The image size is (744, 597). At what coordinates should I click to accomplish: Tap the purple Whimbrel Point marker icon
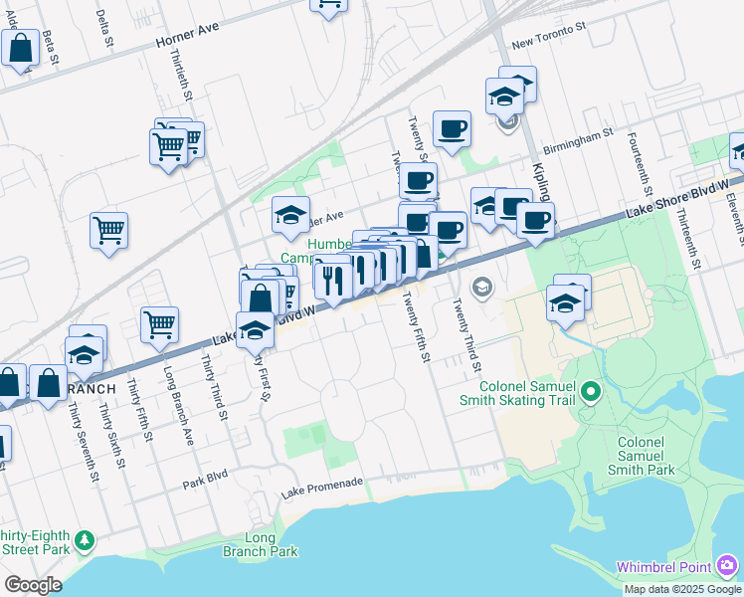pos(728,566)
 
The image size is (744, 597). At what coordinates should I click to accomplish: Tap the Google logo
pos(33,585)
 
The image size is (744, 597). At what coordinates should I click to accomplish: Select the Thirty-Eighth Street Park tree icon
pos(86,540)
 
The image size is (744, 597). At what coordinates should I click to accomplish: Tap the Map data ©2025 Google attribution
pos(682,589)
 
